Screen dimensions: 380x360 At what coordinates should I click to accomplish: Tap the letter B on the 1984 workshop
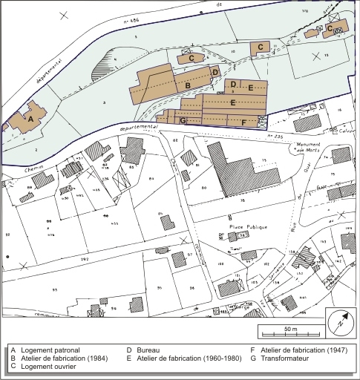tap(189, 86)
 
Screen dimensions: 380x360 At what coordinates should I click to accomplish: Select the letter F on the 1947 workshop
tap(243, 121)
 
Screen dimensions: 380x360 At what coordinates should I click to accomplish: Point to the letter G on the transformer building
tap(183, 119)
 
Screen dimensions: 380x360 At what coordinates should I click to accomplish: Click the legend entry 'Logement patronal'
tap(50, 350)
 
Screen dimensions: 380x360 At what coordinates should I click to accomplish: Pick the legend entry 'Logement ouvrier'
tap(48, 366)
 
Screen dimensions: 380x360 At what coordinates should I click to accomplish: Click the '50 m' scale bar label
tap(290, 329)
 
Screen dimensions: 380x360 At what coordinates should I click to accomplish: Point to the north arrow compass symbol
tap(338, 323)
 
